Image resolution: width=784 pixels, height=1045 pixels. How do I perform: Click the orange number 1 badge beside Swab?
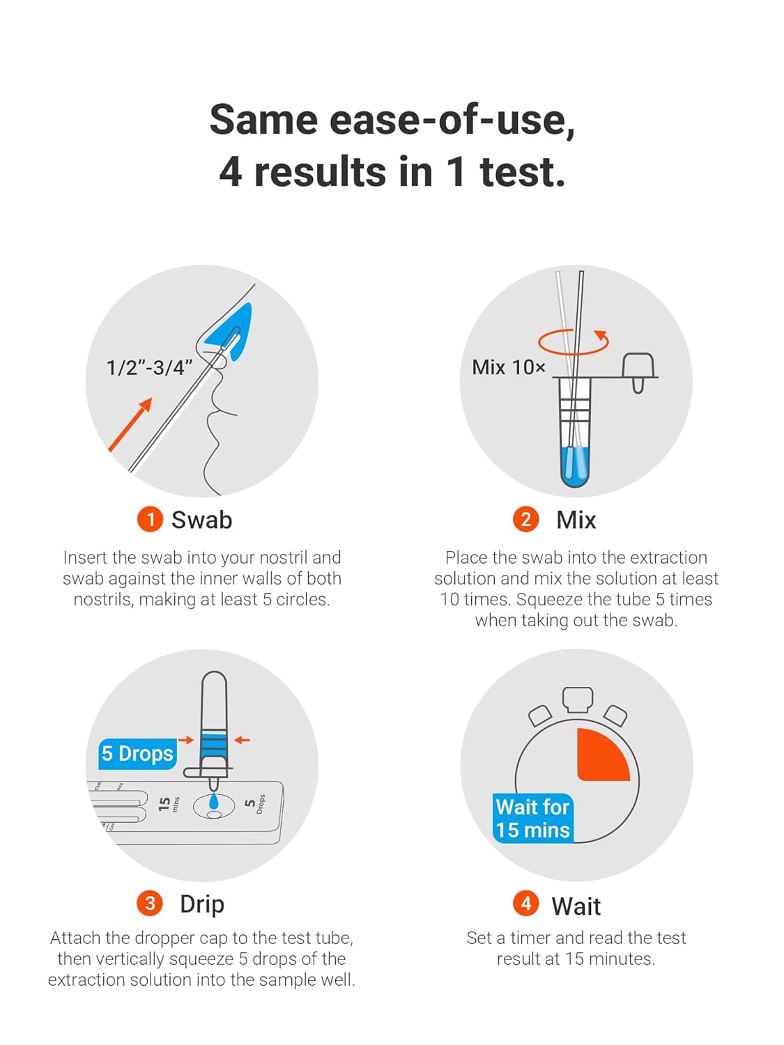150,520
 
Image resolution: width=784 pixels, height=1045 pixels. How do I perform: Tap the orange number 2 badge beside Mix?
525,520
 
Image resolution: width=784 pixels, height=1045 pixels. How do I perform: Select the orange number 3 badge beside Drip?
150,904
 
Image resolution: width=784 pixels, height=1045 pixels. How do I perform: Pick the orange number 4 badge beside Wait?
525,904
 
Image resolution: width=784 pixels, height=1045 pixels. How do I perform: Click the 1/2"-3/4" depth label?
149,368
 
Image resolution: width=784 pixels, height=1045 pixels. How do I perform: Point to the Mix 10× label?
508,367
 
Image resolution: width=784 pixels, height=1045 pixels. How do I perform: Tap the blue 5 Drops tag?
137,754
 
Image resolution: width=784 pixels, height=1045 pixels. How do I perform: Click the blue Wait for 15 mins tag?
533,819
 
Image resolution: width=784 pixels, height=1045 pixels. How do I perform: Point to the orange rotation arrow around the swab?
573,341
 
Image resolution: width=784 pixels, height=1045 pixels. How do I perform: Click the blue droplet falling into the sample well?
213,802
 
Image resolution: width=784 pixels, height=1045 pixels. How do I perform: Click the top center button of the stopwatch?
578,699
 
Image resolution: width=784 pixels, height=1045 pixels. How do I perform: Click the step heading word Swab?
201,520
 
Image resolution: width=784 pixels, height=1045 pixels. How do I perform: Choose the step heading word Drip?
202,904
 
